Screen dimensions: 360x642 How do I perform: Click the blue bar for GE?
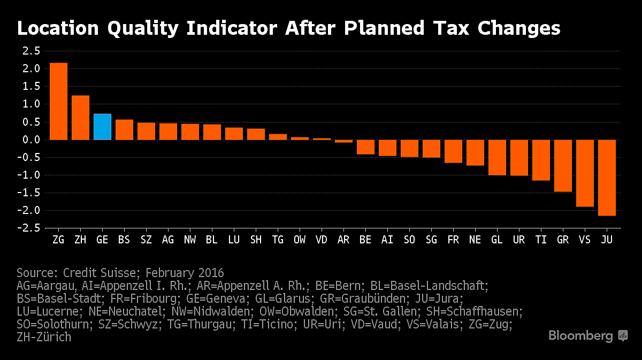(102, 127)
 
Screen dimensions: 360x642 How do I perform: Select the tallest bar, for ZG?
(58, 102)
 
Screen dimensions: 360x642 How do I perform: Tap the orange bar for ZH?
(80, 118)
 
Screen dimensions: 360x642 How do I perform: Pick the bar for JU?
(607, 178)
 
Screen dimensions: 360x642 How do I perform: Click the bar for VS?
(585, 173)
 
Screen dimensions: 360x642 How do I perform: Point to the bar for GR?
(563, 166)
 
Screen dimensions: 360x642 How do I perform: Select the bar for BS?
(124, 129)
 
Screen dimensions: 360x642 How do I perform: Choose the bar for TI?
(541, 160)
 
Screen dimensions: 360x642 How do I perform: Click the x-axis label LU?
(234, 240)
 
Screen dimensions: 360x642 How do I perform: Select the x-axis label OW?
(300, 240)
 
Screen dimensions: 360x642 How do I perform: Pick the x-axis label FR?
(453, 240)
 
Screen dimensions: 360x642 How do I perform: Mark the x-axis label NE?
(475, 240)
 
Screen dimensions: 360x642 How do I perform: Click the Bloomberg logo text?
(580, 336)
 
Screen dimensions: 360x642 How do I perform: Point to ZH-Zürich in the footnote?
(44, 337)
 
